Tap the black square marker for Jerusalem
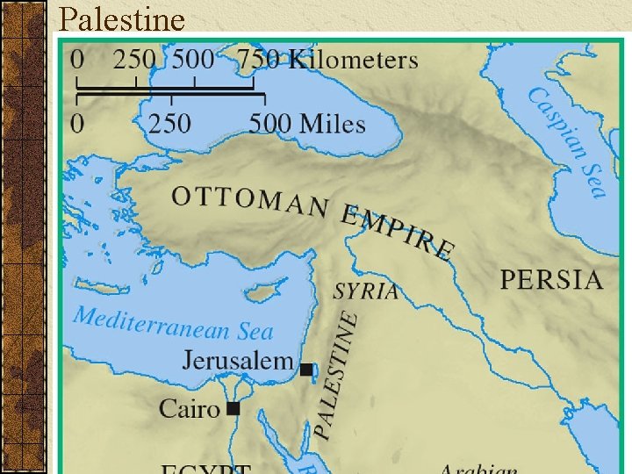[305, 370]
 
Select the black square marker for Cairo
[233, 408]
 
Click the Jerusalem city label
[238, 360]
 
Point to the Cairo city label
[189, 408]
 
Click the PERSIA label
[551, 280]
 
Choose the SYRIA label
[366, 291]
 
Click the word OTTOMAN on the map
[250, 202]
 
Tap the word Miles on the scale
[333, 123]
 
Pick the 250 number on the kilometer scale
[134, 60]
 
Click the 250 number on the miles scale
[169, 123]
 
